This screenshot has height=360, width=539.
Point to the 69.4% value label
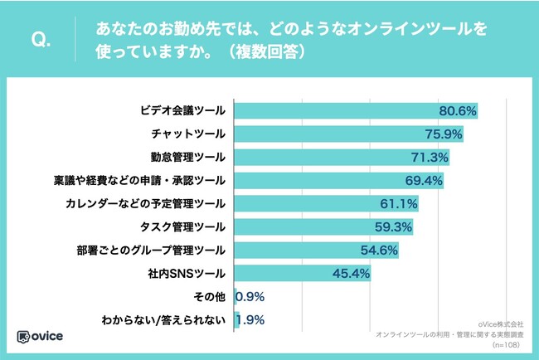click(x=425, y=180)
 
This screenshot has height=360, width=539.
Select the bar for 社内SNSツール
click(x=303, y=272)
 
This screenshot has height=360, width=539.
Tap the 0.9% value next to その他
click(x=250, y=295)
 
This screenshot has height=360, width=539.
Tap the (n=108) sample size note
click(x=507, y=343)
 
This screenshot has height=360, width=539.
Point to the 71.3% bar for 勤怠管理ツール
click(x=332, y=157)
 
